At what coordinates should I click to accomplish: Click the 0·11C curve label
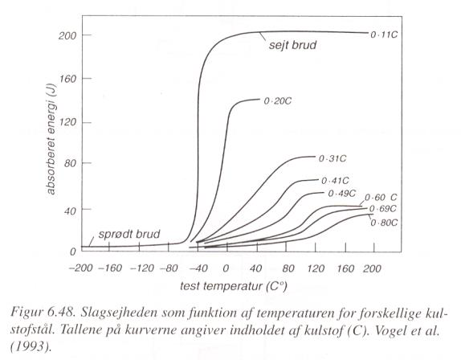pyautogui.click(x=384, y=35)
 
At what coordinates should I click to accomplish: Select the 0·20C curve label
pyautogui.click(x=278, y=101)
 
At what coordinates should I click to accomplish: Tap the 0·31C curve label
pyautogui.click(x=332, y=158)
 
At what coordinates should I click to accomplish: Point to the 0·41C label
pyautogui.click(x=335, y=181)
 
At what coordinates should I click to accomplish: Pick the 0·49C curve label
pyautogui.click(x=341, y=194)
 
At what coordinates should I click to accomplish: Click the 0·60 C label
pyautogui.click(x=381, y=198)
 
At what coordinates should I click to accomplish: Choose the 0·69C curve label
pyautogui.click(x=383, y=209)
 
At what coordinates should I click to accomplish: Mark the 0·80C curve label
pyautogui.click(x=384, y=223)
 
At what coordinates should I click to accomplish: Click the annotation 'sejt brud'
pyautogui.click(x=292, y=45)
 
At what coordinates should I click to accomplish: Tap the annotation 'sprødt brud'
pyautogui.click(x=129, y=235)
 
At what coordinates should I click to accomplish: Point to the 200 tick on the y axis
pyautogui.click(x=67, y=36)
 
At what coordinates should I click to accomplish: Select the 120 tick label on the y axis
pyautogui.click(x=68, y=122)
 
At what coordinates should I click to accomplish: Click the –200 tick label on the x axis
pyautogui.click(x=80, y=268)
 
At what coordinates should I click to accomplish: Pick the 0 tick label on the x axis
pyautogui.click(x=226, y=268)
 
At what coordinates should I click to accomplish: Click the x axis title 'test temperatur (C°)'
pyautogui.click(x=233, y=286)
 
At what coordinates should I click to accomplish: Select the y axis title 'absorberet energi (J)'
pyautogui.click(x=51, y=139)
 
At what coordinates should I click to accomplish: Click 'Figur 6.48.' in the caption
pyautogui.click(x=42, y=313)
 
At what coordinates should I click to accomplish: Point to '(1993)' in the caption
pyautogui.click(x=29, y=347)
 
